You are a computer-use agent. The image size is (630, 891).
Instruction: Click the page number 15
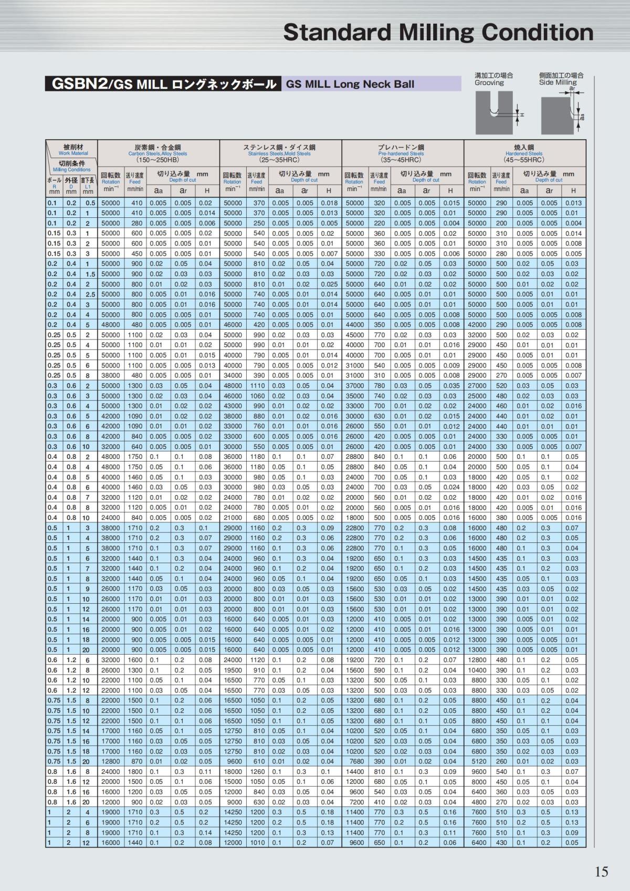pos(601,872)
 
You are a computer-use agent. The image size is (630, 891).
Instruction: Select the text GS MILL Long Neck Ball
pos(350,84)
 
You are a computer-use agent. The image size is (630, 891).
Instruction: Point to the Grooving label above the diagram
pos(489,82)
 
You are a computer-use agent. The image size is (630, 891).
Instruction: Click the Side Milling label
pos(558,82)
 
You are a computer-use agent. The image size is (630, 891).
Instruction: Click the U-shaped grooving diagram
pos(493,113)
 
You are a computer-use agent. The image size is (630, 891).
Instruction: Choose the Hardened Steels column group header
pos(524,153)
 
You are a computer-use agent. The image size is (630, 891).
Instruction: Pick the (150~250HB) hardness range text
pos(157,160)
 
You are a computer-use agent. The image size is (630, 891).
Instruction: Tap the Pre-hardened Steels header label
pos(402,153)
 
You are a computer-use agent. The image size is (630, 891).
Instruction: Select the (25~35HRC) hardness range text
pos(279,160)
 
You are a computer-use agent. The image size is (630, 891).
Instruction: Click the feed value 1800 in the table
pos(135,772)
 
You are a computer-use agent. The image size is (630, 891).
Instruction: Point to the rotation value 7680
pos(355,761)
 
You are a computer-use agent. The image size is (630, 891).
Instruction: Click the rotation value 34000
pos(233,375)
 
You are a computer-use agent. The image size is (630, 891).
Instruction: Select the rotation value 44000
pos(355,324)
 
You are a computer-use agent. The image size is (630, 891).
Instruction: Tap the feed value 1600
pos(135,660)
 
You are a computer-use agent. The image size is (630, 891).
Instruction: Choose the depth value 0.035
pos(450,385)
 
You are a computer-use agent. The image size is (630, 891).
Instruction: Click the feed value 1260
pos(257,772)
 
